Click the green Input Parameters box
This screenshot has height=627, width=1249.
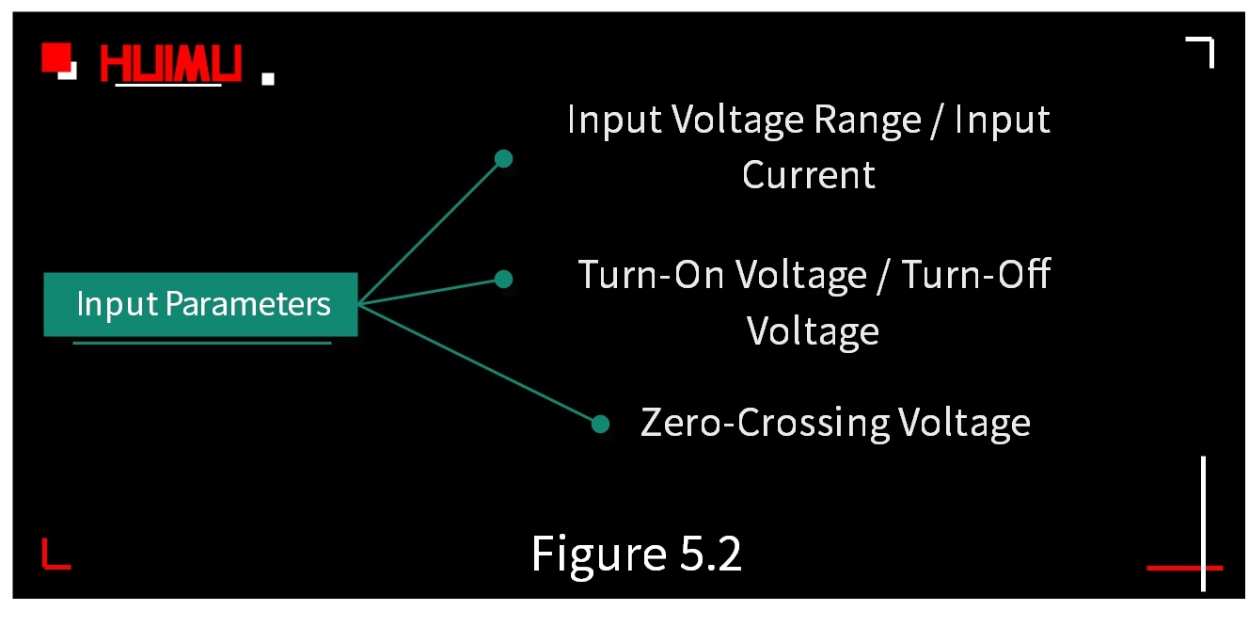click(x=200, y=304)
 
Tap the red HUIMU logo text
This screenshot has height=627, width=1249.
click(x=170, y=64)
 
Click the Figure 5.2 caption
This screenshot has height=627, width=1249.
click(x=637, y=554)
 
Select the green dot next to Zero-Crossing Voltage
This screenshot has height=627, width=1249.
click(x=601, y=424)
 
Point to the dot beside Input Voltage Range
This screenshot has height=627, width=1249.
click(x=503, y=159)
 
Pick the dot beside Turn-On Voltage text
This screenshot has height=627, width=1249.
click(x=503, y=279)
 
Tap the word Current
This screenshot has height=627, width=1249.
click(x=809, y=175)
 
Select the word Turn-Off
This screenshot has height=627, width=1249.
click(x=975, y=275)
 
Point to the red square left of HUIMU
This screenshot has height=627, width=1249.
click(x=56, y=58)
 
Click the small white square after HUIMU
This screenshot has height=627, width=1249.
click(x=268, y=79)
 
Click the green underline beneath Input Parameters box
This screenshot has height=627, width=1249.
click(x=201, y=343)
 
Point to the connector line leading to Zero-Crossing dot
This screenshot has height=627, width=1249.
click(x=480, y=364)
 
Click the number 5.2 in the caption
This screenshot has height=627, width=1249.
click(x=710, y=554)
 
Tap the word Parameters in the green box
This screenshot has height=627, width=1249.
click(x=248, y=304)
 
